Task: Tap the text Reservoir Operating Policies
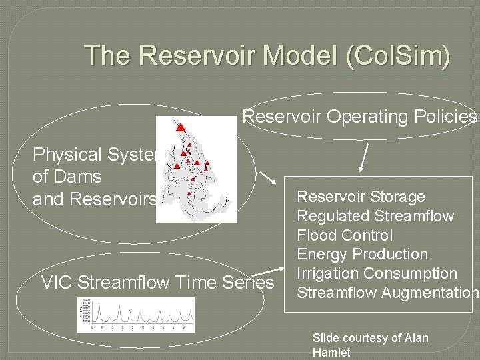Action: pyautogui.click(x=359, y=117)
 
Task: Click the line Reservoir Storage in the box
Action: pyautogui.click(x=361, y=197)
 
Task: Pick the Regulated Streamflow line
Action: pyautogui.click(x=375, y=216)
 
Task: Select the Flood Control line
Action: pyautogui.click(x=345, y=235)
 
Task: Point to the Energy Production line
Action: pyautogui.click(x=362, y=254)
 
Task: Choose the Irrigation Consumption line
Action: pyautogui.click(x=377, y=273)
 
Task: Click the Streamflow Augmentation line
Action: pyautogui.click(x=387, y=293)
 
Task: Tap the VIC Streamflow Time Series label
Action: pyautogui.click(x=157, y=283)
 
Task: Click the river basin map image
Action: pyautogui.click(x=196, y=169)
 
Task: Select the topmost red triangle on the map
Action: pyautogui.click(x=179, y=127)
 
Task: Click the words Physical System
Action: pyautogui.click(x=93, y=155)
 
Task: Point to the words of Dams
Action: pyautogui.click(x=67, y=177)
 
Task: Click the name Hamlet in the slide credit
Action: pyautogui.click(x=331, y=353)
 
